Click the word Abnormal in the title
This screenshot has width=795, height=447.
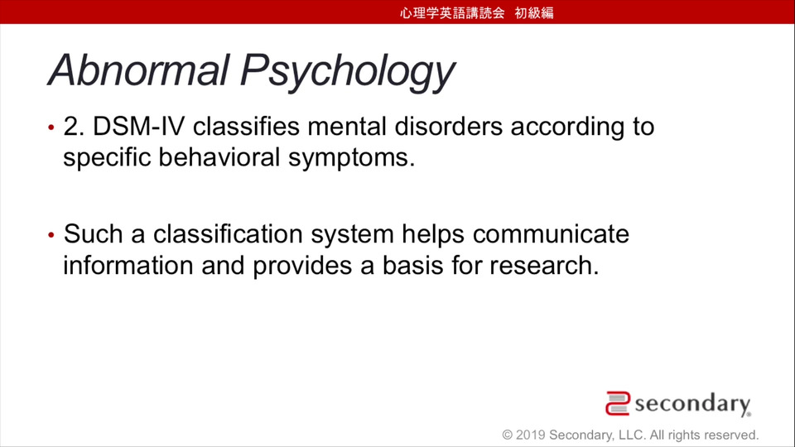pos(138,70)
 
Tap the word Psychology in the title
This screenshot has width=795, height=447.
pos(347,73)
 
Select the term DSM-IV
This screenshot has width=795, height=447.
pos(138,126)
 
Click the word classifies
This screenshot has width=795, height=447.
pos(247,126)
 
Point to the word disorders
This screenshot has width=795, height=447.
pos(449,126)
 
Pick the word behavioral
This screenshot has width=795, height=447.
pos(219,157)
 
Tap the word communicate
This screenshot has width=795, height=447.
pos(552,234)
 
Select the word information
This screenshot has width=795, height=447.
pos(128,265)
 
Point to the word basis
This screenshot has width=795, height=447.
pos(412,265)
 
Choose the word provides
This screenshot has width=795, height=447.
pos(302,267)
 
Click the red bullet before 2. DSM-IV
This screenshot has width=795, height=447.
pos(51,127)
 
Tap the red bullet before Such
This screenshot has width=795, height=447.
pos(51,234)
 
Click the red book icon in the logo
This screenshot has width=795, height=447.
pos(618,403)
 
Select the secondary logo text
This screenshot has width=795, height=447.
pos(692,405)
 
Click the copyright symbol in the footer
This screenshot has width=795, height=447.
pos(508,435)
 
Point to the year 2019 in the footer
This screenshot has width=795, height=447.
pos(530,435)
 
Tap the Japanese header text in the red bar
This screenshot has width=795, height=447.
pos(477,12)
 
